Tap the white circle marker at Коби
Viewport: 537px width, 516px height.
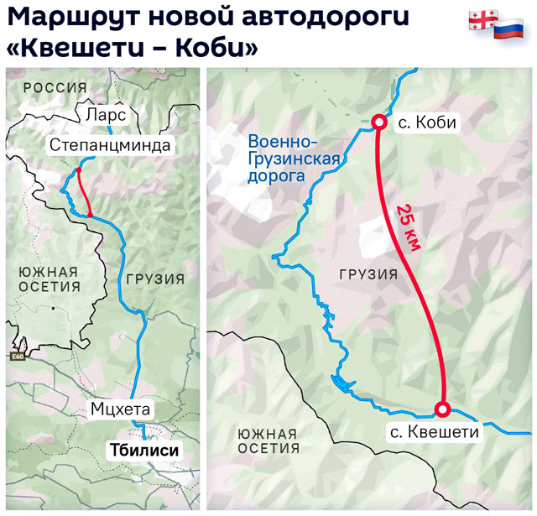pos(378,122)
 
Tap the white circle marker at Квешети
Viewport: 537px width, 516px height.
pos(442,409)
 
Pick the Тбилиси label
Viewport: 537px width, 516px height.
pos(143,450)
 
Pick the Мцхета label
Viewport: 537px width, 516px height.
pos(123,410)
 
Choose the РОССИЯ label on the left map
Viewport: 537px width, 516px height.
pos(55,87)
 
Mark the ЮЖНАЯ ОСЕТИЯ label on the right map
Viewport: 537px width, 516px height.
pos(268,441)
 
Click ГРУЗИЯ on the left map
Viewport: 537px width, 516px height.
pos(154,279)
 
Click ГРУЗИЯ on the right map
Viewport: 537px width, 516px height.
pos(369,274)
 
